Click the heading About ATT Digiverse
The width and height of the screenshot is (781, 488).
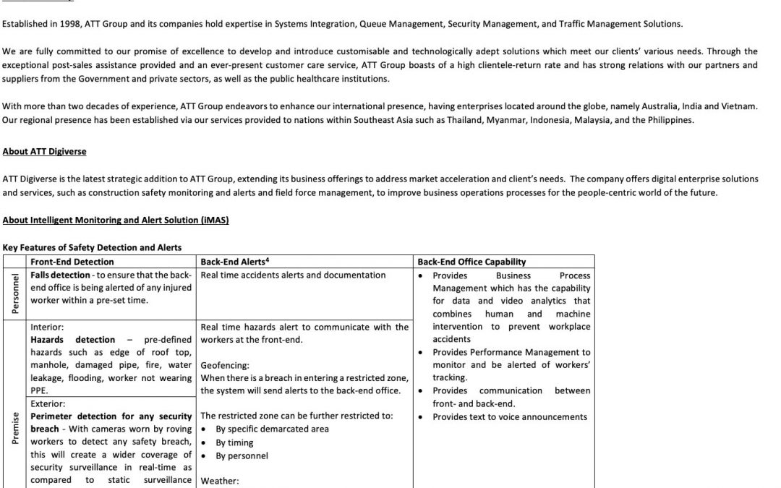[45, 153]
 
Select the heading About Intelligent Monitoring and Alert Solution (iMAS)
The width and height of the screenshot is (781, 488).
[116, 220]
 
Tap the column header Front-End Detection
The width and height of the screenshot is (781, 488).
[72, 262]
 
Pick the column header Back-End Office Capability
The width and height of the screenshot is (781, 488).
[471, 262]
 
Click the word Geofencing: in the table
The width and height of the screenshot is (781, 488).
[224, 366]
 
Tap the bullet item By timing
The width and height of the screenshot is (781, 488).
[234, 442]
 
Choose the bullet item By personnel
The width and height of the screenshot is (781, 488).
[242, 455]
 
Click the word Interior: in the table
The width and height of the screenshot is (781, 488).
[48, 327]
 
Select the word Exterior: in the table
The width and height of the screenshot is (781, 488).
[48, 403]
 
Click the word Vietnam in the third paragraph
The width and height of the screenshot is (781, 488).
[741, 106]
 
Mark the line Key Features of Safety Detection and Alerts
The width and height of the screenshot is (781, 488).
[92, 248]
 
